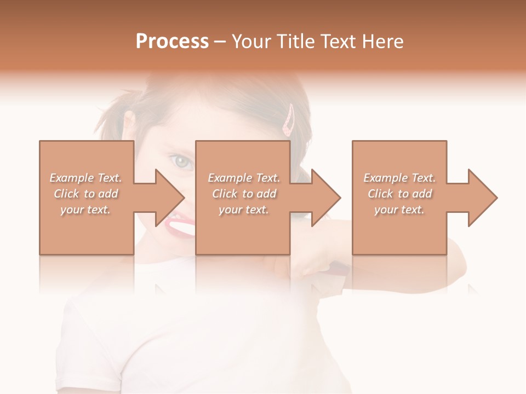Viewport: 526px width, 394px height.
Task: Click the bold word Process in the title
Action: [x=172, y=41]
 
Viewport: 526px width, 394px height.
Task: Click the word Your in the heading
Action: [x=253, y=41]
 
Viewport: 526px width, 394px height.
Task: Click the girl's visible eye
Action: [x=181, y=161]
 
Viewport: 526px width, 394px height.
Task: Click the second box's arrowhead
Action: [x=325, y=198]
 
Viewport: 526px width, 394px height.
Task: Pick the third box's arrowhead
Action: [x=482, y=198]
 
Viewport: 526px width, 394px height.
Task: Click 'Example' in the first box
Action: [x=71, y=178]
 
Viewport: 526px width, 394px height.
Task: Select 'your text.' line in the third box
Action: [x=399, y=210]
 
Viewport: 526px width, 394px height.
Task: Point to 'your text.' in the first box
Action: [x=85, y=210]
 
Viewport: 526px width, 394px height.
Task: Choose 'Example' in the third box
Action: [x=385, y=178]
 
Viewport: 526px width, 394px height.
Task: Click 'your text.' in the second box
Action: [x=243, y=210]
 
